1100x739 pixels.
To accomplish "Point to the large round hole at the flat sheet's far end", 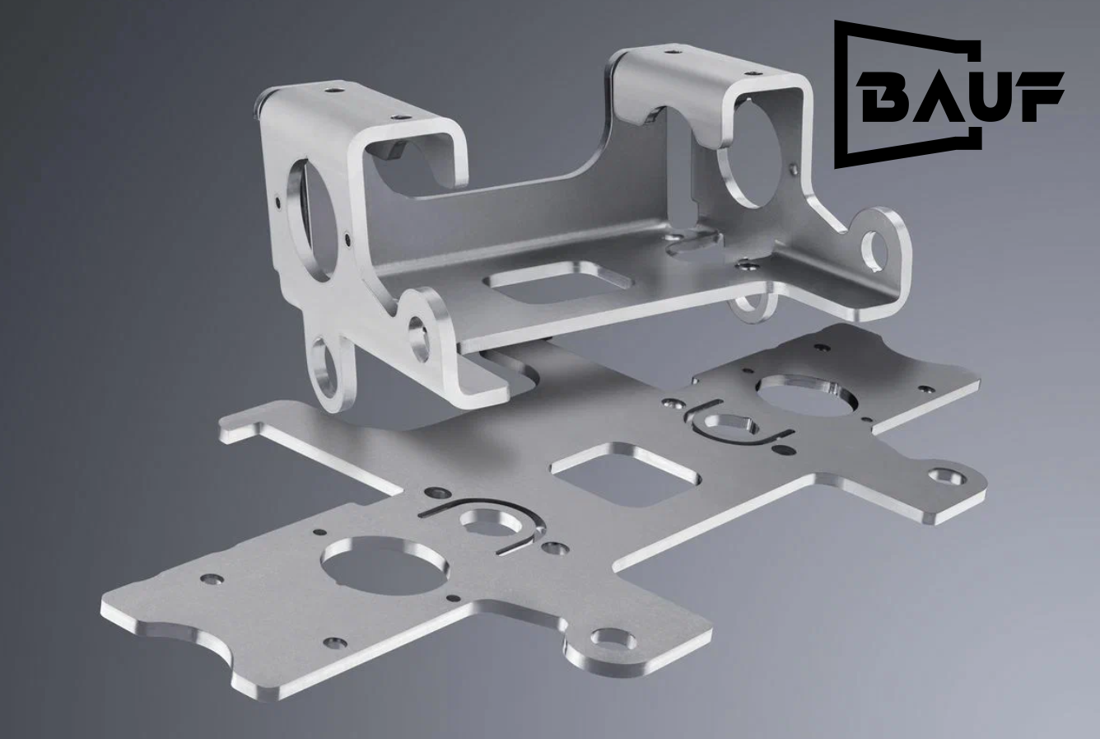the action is tap(809, 395).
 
